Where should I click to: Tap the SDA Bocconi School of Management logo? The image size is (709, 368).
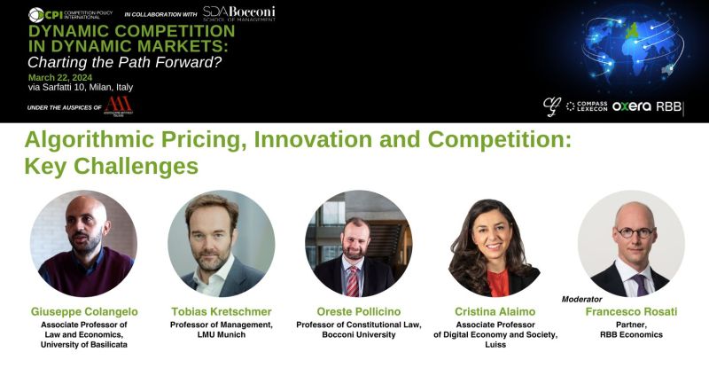(238, 14)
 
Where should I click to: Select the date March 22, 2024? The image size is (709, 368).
(60, 76)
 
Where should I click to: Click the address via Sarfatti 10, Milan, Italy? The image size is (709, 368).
(81, 87)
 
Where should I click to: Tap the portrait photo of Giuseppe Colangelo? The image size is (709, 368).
(83, 242)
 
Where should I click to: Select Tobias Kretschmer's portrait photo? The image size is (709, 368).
(222, 242)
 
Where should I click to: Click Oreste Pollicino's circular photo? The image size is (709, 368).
(358, 242)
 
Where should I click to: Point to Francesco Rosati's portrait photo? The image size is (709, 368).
(631, 242)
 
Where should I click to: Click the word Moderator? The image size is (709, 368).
(581, 300)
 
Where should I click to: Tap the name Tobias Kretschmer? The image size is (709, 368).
(222, 312)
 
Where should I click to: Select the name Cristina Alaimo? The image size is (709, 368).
(495, 312)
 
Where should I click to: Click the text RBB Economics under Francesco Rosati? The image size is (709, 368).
(631, 334)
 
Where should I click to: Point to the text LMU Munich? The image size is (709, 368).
(222, 334)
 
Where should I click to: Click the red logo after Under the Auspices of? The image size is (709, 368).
(118, 106)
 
